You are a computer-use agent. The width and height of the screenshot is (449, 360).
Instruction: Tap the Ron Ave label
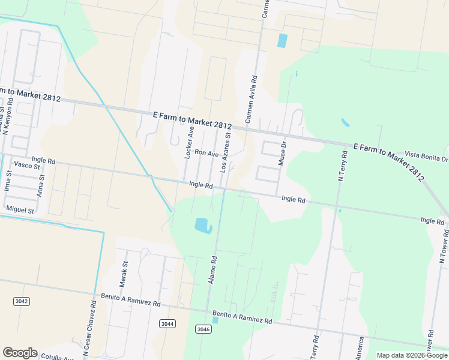pos(206,154)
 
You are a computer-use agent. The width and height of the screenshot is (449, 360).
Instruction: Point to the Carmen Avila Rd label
pos(250,100)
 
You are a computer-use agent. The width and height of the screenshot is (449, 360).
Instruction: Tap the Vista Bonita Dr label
pos(426,156)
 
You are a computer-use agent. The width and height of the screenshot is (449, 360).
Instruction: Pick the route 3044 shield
pos(167,323)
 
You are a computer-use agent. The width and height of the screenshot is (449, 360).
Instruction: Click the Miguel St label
pos(20,209)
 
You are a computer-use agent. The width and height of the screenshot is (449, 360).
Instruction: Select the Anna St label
pos(41,187)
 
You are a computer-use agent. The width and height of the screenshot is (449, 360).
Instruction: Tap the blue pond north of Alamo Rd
pos(203,226)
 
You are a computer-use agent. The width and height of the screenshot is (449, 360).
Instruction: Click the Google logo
pos(20,353)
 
